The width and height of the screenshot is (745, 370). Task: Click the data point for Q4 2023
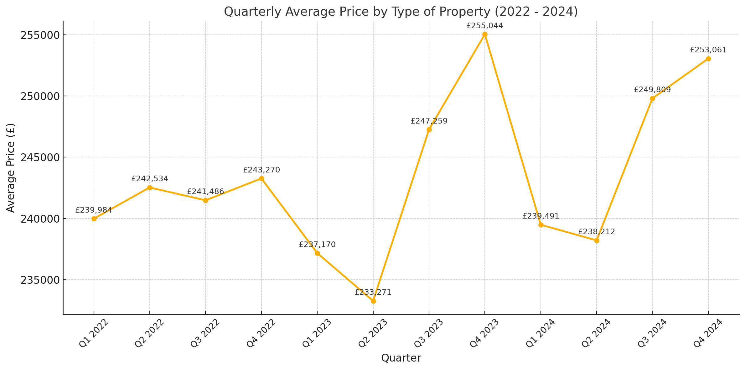pos(485,34)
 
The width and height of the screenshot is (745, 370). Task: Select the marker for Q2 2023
pos(373,301)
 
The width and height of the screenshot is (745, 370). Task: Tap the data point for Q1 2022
pos(94,219)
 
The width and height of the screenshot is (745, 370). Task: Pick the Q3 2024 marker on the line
pos(652,98)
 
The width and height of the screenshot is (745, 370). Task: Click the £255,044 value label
pos(484,26)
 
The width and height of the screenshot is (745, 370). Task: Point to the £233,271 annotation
pos(373,293)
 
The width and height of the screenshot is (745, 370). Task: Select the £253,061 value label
pos(708,50)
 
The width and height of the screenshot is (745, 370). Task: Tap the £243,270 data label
pos(261,170)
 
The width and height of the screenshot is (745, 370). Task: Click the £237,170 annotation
pos(317,245)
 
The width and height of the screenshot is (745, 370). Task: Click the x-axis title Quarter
pos(401,358)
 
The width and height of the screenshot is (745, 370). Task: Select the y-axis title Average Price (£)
pos(11,168)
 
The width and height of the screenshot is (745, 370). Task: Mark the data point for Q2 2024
pos(597,240)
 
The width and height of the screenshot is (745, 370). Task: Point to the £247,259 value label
pos(429,121)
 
